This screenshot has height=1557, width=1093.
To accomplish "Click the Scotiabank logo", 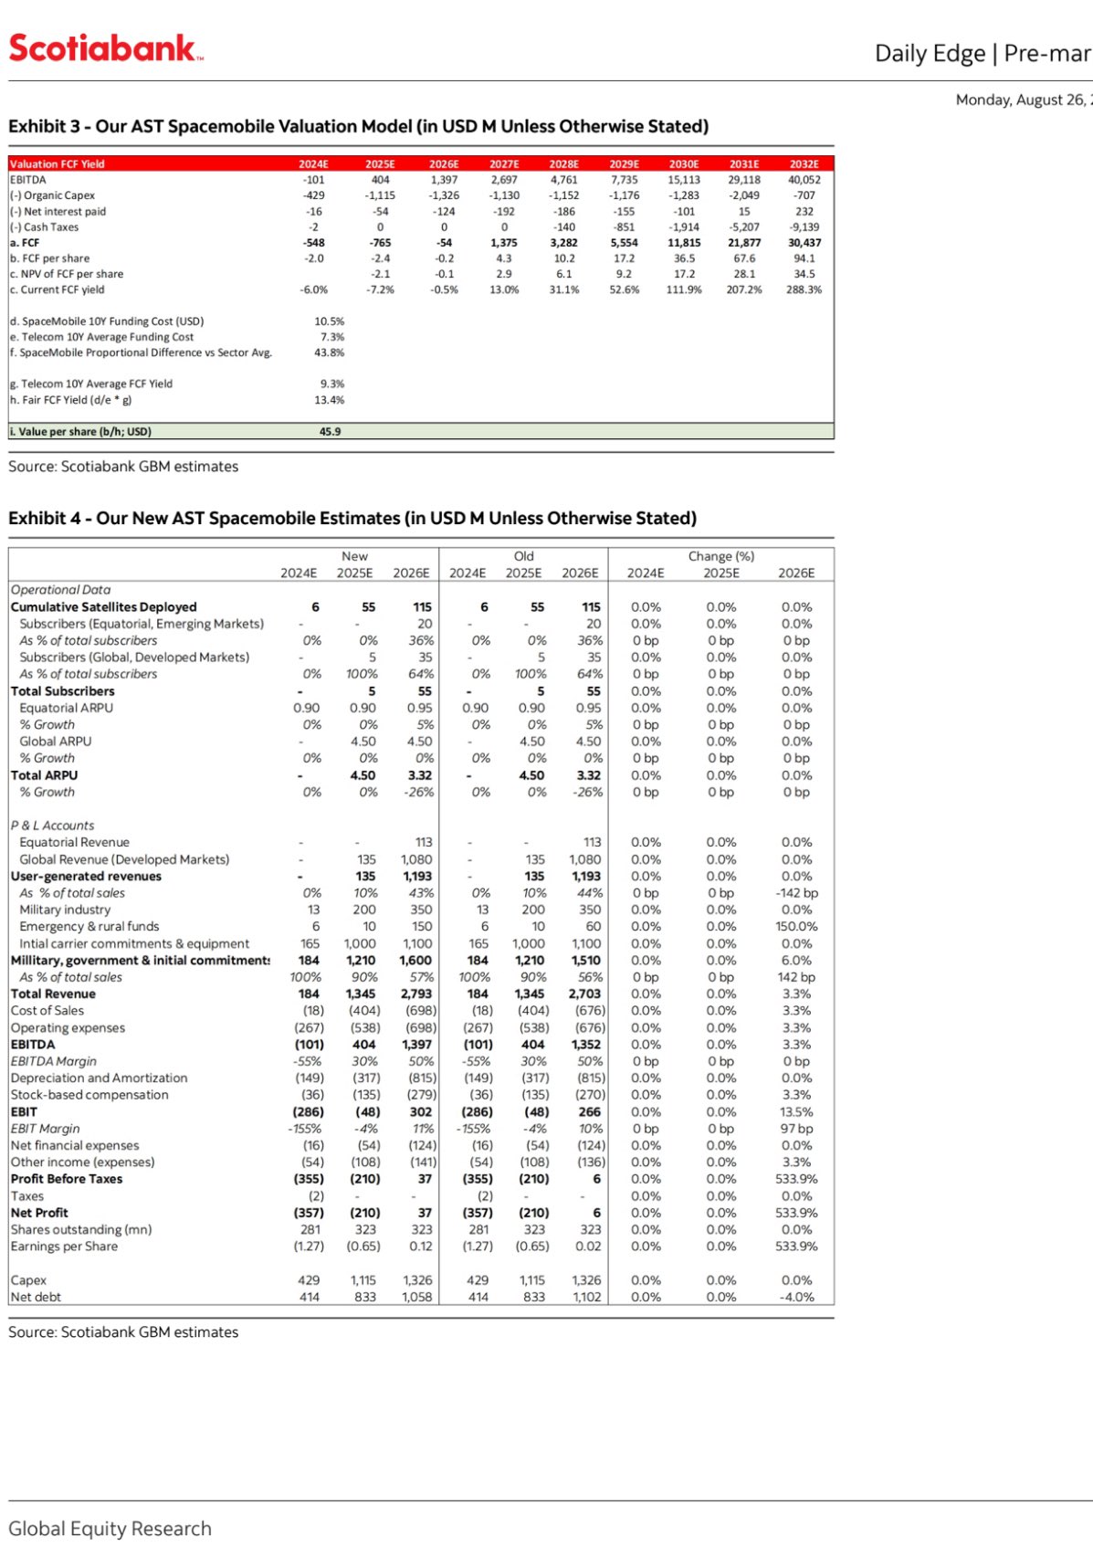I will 105,48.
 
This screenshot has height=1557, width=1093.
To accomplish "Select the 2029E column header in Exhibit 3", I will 624,164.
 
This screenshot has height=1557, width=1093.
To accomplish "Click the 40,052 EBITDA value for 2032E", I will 804,180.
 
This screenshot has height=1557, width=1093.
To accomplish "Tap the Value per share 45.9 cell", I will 330,432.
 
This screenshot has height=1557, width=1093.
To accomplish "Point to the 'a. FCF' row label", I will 25,243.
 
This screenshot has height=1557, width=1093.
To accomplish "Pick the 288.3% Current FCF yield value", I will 804,289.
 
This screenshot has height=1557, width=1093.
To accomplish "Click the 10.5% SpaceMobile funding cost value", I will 329,321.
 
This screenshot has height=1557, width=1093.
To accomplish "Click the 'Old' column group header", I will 523,556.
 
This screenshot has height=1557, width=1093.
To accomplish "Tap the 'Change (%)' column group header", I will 720,556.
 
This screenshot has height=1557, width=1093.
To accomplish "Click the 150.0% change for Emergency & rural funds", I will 796,927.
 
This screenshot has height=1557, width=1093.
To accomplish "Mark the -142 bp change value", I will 796,893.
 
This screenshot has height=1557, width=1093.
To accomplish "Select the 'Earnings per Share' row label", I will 64,1247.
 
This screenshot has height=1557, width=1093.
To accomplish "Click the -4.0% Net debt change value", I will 796,1297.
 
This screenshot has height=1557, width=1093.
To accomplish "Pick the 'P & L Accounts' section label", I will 52,826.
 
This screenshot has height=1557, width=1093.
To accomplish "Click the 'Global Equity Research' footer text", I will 110,1529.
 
